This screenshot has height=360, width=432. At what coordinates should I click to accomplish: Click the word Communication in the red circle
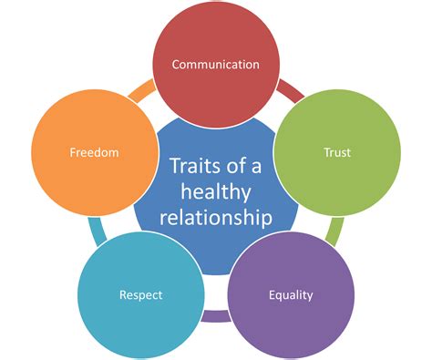click(215, 65)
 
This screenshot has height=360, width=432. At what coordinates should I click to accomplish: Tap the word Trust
click(336, 152)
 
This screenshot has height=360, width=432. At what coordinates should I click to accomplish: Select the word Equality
click(291, 294)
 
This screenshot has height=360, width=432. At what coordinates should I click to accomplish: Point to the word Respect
click(140, 294)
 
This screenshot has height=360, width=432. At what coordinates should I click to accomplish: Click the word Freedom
click(94, 152)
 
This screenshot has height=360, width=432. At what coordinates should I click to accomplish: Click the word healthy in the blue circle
click(216, 192)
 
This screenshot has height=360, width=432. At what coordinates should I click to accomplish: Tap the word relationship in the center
click(216, 218)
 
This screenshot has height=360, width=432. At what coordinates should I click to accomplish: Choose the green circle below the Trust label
click(336, 187)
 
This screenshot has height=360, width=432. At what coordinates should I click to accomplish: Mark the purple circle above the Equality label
click(291, 260)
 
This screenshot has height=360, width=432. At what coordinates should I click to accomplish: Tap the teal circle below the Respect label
click(140, 328)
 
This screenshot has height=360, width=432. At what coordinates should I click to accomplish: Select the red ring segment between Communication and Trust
click(291, 87)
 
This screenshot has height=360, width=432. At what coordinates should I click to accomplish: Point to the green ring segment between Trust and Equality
click(335, 231)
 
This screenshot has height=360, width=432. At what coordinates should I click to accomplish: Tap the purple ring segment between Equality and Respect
click(215, 316)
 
